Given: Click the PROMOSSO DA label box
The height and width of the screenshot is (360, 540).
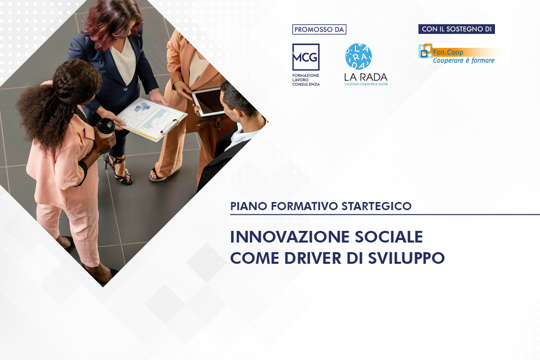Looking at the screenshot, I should pyautogui.click(x=319, y=29).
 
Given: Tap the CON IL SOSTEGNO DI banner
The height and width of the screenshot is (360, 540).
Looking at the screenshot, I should pyautogui.click(x=456, y=29).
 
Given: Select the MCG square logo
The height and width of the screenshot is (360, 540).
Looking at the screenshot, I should pyautogui.click(x=306, y=57).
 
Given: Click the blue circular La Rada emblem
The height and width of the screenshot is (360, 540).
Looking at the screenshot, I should pyautogui.click(x=358, y=56).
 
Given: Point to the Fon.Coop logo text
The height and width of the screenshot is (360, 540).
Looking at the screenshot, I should pyautogui.click(x=448, y=52).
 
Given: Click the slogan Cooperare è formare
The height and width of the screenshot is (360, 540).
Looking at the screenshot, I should pyautogui.click(x=464, y=61).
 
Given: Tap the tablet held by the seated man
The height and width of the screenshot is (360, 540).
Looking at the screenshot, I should pyautogui.click(x=209, y=102).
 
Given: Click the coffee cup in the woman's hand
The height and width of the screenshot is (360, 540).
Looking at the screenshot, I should pyautogui.click(x=106, y=128).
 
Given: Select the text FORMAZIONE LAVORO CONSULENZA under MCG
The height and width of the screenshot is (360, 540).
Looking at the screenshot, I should pyautogui.click(x=306, y=79).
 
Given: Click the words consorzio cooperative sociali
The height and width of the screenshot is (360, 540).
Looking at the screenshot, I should pyautogui.click(x=366, y=84).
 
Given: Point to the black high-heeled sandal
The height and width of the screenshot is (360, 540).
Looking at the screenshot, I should pyautogui.click(x=117, y=170).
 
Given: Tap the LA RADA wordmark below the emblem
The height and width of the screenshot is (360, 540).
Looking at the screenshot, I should pyautogui.click(x=365, y=76).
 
